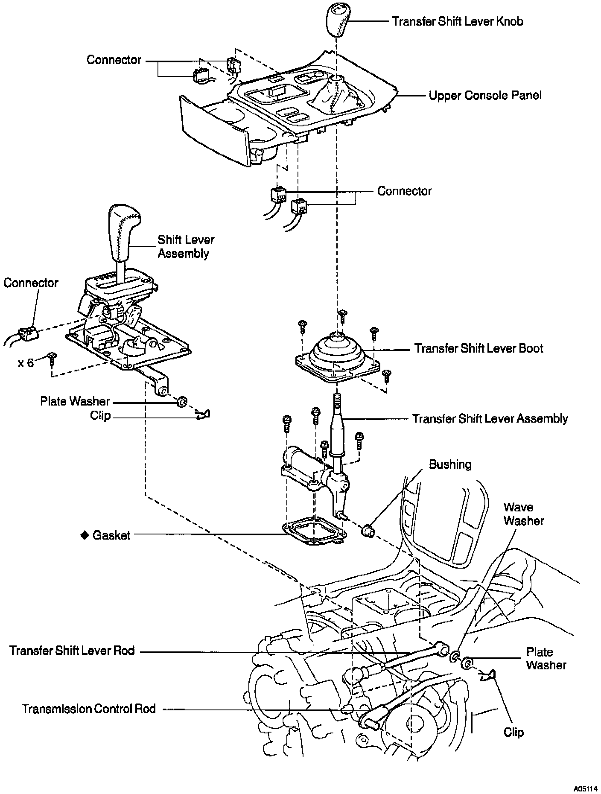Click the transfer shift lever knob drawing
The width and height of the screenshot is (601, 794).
tap(338, 20)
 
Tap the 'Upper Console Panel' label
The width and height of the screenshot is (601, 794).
tap(485, 95)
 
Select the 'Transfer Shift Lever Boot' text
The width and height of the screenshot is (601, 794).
tap(478, 348)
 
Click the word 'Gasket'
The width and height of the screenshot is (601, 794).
tap(111, 535)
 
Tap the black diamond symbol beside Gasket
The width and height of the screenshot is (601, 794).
tap(85, 535)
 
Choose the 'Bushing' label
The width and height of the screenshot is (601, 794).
tap(450, 464)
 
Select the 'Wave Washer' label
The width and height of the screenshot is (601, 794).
tap(523, 514)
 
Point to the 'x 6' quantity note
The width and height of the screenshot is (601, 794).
tap(26, 363)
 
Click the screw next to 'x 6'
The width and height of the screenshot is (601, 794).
tap(53, 357)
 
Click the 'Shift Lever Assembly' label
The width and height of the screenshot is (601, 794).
tap(186, 246)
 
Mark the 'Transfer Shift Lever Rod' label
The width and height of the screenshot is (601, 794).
tap(72, 651)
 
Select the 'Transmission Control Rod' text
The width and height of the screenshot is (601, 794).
tap(89, 709)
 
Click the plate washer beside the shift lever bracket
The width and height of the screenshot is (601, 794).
tap(181, 402)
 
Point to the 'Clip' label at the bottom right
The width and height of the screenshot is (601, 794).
tap(513, 733)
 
